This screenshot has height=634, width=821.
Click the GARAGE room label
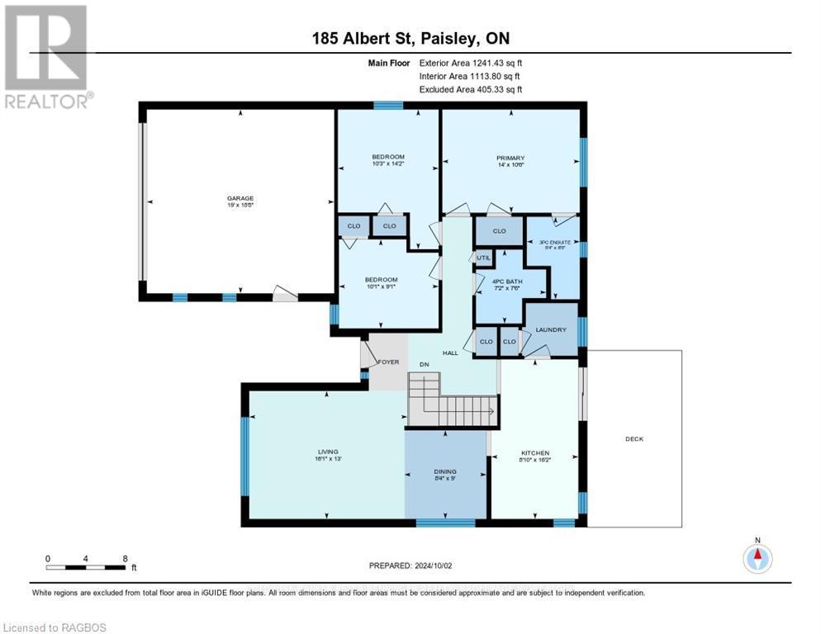[x=240, y=198]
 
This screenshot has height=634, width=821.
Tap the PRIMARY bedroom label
[x=510, y=158]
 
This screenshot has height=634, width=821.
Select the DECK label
[x=634, y=439]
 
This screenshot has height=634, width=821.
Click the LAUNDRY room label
[x=551, y=330]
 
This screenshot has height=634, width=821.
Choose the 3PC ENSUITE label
[x=554, y=243]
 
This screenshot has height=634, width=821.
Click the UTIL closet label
[x=484, y=258]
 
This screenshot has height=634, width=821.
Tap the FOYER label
[x=388, y=362]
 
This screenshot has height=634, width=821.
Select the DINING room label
[x=445, y=472]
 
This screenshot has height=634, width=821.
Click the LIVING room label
[x=328, y=452]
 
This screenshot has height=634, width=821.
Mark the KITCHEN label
[x=534, y=453]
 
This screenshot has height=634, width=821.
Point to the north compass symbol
[x=757, y=558]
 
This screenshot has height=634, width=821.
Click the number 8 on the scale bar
[x=125, y=558]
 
